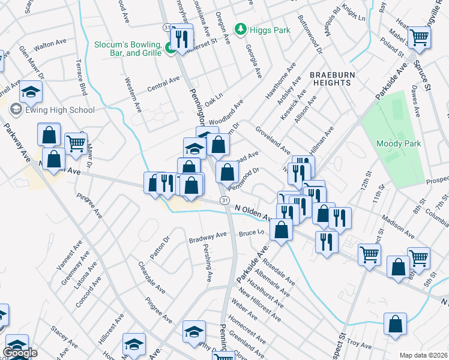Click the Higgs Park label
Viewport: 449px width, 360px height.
[x=270, y=30]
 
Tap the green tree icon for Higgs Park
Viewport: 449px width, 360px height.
[x=241, y=29]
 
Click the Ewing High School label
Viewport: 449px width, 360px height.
[x=59, y=110]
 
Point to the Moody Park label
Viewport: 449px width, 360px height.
[x=398, y=143]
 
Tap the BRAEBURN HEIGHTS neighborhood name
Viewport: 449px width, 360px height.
[x=330, y=79]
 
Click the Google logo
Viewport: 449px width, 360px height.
[x=20, y=353]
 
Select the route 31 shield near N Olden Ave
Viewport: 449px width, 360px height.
[x=224, y=199]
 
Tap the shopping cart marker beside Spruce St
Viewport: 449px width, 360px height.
[x=419, y=38]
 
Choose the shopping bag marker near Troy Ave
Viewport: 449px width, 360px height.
[x=395, y=325]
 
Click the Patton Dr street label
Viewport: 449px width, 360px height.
[x=160, y=247]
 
